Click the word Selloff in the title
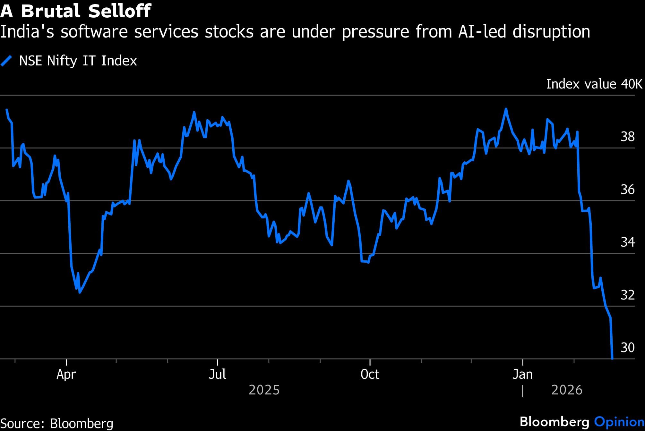[x=119, y=11]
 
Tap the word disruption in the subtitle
[x=551, y=32]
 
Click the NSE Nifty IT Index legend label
[x=78, y=61]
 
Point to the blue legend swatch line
[x=6, y=61]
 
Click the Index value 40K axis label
[x=594, y=84]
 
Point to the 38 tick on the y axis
[x=628, y=137]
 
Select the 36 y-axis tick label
[x=628, y=190]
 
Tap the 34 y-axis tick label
[x=628, y=242]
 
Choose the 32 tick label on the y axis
[x=628, y=295]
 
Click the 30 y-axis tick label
[x=628, y=347]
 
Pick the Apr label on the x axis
[x=66, y=374]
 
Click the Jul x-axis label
[x=217, y=374]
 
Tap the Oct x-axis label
[x=370, y=374]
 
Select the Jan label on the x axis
[x=523, y=374]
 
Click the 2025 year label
[x=264, y=390]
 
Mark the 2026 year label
[x=567, y=390]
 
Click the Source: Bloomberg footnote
[x=57, y=423]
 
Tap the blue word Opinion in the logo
[x=619, y=422]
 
